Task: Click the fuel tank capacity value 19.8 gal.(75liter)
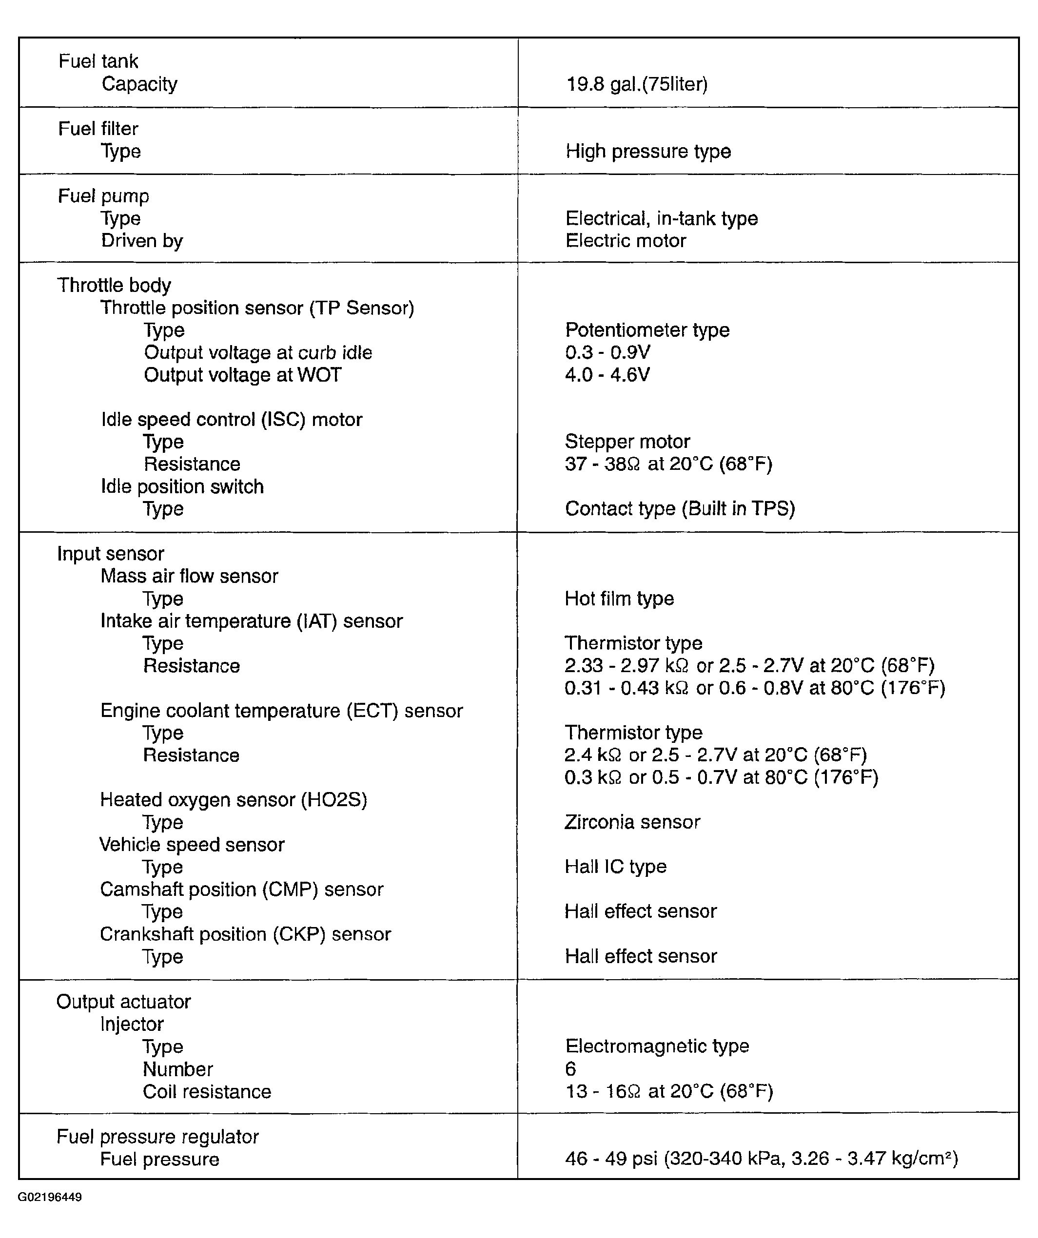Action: pos(636,84)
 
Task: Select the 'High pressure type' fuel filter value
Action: pos(647,152)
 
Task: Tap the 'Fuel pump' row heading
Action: pos(103,196)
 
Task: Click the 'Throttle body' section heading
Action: pos(114,285)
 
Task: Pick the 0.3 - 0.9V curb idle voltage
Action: pos(607,352)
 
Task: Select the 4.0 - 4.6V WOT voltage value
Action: pos(607,375)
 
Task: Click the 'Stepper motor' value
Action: pos(627,442)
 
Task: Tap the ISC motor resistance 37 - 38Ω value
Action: pos(668,464)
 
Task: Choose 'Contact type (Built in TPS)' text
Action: pos(680,509)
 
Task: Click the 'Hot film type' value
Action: pos(619,599)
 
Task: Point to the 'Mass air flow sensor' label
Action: pos(189,576)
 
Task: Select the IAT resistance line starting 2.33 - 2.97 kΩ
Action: pos(749,666)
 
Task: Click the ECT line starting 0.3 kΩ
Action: pos(721,777)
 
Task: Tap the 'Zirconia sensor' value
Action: pos(632,822)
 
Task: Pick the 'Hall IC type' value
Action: pos(615,867)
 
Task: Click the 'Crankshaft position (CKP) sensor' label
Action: pos(245,934)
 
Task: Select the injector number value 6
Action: pos(570,1069)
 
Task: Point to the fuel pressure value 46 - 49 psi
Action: pos(761,1159)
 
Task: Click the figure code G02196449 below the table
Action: pos(50,1198)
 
